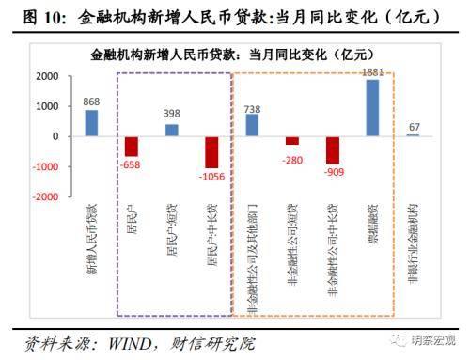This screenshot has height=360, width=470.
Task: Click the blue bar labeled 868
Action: pyautogui.click(x=91, y=123)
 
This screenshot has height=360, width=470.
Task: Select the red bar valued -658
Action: pyautogui.click(x=132, y=146)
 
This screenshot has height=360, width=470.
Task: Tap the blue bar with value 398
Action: pyautogui.click(x=171, y=130)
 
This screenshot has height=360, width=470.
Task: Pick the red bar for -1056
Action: pyautogui.click(x=212, y=151)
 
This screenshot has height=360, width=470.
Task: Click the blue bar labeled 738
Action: pyautogui.click(x=252, y=125)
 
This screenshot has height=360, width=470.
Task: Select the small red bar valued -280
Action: pyautogui.click(x=292, y=140)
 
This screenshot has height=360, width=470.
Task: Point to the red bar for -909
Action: pyautogui.click(x=333, y=149)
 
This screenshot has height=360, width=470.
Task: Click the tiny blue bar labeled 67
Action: pyautogui.click(x=413, y=135)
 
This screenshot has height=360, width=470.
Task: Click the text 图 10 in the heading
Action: pyautogui.click(x=27, y=13)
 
